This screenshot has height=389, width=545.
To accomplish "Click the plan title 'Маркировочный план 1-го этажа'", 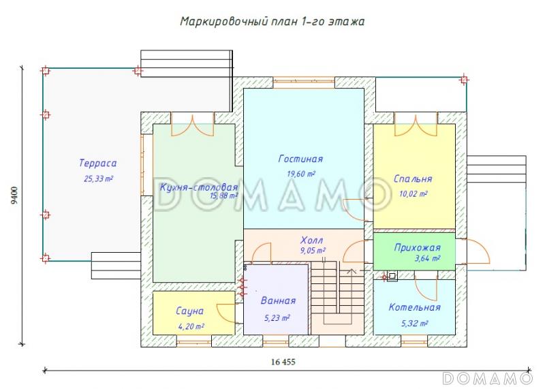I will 272,21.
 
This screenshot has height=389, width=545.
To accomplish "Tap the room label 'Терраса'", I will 97,164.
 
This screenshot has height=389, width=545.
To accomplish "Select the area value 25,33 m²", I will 97,179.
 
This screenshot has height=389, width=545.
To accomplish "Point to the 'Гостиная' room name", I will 300,159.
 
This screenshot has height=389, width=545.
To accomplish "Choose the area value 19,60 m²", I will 301,174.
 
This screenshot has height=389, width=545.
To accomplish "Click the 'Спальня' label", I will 413,179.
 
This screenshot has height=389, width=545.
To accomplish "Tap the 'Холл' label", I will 312,240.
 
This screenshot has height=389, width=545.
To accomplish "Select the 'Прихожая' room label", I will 417,247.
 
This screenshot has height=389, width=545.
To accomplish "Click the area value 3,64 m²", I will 427,259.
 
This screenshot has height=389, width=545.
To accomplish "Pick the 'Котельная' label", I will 414,307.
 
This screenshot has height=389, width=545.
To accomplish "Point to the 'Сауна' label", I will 189,311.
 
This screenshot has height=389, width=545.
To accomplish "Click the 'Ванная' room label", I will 278,300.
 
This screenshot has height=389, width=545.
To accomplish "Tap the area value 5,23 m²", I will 277,317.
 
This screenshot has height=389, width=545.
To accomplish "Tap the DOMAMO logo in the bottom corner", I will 486,378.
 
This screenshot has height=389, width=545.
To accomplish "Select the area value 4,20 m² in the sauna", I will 191,326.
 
